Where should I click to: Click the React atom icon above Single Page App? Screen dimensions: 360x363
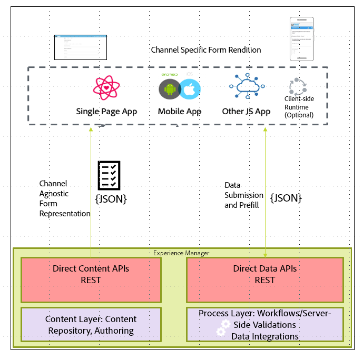tap(107, 88)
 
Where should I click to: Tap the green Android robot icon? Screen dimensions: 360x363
tap(169, 89)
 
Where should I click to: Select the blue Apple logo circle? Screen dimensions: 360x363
tap(190, 89)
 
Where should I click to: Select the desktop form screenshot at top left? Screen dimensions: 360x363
tap(80, 46)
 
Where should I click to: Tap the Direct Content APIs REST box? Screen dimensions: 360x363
tap(91, 274)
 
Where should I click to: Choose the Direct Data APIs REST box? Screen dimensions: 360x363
tap(264, 274)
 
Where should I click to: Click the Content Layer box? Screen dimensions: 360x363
tap(91, 325)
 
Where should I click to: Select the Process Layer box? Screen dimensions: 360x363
tap(264, 325)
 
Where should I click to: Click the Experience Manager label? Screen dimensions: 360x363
tap(181, 253)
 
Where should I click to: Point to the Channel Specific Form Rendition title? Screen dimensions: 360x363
tap(205, 50)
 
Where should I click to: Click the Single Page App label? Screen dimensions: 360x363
tap(106, 111)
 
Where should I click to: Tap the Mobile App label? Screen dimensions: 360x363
tap(180, 111)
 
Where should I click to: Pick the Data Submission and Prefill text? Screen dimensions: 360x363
tap(242, 195)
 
